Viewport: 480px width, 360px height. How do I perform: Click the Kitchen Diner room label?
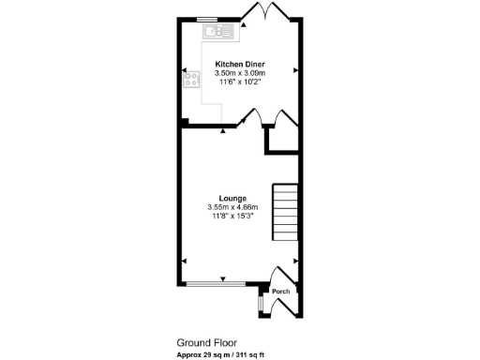click(240, 64)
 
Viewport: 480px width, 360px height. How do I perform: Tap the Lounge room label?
click(233, 198)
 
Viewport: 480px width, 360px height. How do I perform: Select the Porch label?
click(280, 291)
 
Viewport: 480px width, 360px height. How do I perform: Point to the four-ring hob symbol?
click(190, 81)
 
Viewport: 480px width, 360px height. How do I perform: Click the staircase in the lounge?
click(284, 212)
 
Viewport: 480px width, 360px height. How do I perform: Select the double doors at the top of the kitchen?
click(267, 13)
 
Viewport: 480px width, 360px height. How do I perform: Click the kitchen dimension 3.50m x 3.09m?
click(240, 73)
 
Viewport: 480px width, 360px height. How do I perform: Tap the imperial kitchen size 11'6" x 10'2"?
click(240, 82)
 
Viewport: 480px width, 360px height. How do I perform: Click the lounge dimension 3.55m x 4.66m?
click(233, 207)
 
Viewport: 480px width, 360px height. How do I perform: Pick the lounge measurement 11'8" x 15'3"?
click(233, 217)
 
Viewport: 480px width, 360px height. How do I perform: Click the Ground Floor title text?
click(206, 343)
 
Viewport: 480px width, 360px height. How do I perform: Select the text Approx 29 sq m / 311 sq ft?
click(220, 354)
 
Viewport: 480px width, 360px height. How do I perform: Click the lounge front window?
click(217, 283)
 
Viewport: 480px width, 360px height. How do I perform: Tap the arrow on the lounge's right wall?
click(296, 262)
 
